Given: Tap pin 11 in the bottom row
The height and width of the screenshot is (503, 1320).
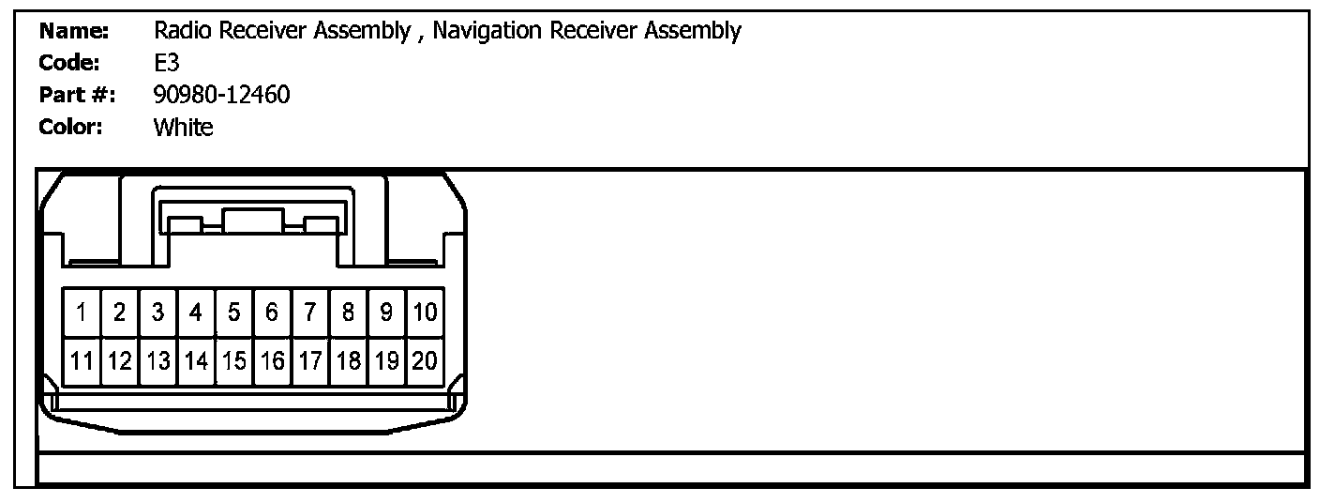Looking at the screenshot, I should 82,360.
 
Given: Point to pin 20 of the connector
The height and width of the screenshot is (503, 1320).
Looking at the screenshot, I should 425,360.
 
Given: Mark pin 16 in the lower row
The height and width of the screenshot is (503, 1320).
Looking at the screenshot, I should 272,360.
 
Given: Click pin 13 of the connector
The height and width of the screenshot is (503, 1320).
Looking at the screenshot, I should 158,360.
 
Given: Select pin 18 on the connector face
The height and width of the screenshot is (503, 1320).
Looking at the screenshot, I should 348,360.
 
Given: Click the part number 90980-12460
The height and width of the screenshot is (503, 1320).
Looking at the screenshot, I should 221,94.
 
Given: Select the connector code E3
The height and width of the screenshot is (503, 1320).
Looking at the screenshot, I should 166,63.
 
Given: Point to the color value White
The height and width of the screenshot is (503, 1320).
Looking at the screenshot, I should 183,127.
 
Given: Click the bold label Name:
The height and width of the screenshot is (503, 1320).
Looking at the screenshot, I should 75,31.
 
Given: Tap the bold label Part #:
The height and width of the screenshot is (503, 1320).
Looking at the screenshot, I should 77,94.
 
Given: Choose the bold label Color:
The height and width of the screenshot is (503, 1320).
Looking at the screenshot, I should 71,127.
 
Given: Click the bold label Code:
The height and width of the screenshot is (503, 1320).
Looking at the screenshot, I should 70,63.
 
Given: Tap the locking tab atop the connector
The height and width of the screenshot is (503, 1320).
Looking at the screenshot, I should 253,222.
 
